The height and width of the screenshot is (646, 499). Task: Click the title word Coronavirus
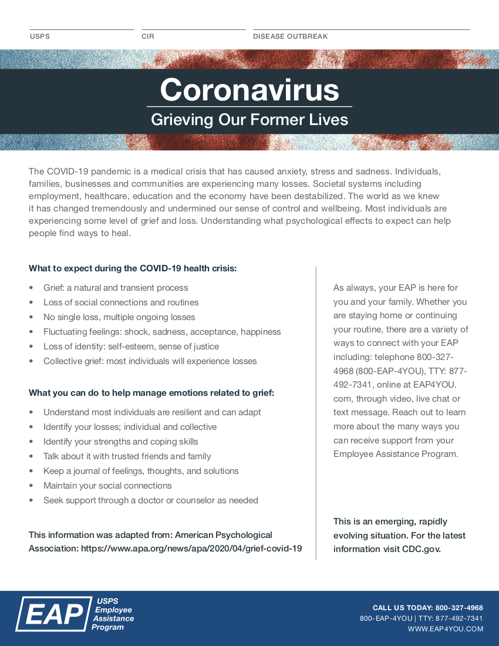pos(249,90)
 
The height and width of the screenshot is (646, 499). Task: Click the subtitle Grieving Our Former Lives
pos(249,120)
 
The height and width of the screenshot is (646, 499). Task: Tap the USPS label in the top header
pos(40,36)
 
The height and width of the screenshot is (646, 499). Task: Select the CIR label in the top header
pos(148,36)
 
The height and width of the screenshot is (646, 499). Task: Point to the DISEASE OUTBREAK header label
pos(290,36)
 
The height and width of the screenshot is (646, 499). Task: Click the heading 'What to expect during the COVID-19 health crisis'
pos(133,268)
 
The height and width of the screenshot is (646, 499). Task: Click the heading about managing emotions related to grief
pos(151,393)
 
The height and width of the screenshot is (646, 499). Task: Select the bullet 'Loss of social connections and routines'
pos(121,302)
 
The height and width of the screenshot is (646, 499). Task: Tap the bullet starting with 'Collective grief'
pos(150,361)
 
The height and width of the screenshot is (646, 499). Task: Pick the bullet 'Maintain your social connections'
pos(107,486)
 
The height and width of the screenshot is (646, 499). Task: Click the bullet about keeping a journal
pos(141,471)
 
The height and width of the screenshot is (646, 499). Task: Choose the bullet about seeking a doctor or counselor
pos(150,500)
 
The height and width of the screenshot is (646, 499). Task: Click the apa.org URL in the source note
pos(191,549)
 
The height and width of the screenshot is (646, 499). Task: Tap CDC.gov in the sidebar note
pos(421,549)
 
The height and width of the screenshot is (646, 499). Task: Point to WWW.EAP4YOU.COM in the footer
pos(446,629)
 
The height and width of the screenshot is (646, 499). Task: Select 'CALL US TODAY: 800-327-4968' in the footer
pos(427,608)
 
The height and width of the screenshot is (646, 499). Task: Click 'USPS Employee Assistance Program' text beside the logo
pos(113,614)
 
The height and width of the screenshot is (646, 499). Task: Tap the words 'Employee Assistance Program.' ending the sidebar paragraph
pos(396,454)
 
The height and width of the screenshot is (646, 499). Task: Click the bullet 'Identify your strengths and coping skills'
pos(120,442)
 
